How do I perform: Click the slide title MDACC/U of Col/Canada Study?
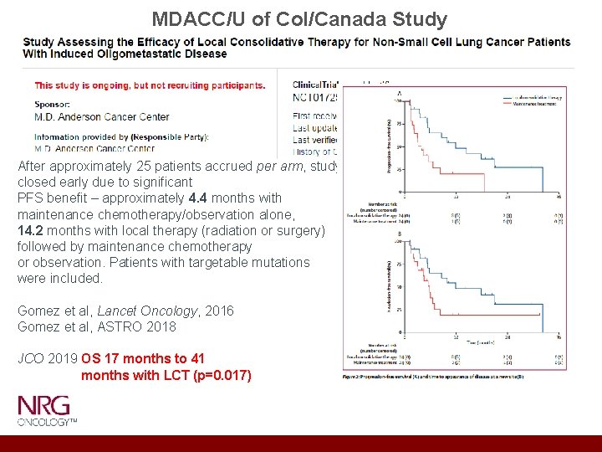pyautogui.click(x=299, y=18)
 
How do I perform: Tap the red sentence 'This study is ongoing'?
pyautogui.click(x=150, y=85)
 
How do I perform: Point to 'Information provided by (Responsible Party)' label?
pyautogui.click(x=121, y=136)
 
